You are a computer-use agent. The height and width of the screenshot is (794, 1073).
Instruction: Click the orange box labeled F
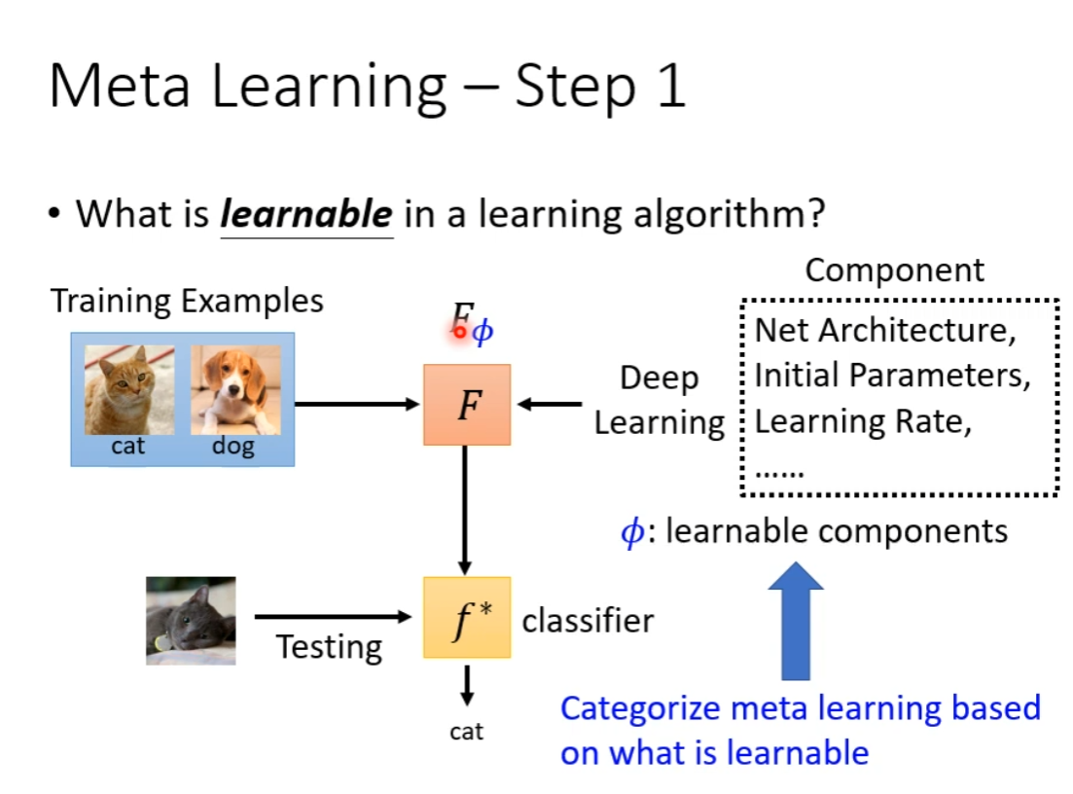coord(467,405)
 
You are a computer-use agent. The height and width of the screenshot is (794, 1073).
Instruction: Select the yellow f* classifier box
coord(467,618)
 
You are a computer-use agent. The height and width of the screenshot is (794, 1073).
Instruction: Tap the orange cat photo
coord(129,389)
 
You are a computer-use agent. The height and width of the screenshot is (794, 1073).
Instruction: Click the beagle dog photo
coord(235,389)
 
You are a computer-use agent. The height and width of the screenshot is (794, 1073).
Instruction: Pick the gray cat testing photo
coord(191,621)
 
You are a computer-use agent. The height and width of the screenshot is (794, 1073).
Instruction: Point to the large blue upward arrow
coord(795,621)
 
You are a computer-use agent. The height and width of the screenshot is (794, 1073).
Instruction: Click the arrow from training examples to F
coord(356,404)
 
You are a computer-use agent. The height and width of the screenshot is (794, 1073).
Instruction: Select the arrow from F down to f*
coord(465,510)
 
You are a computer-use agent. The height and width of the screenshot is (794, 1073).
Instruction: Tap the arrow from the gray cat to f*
coord(333,617)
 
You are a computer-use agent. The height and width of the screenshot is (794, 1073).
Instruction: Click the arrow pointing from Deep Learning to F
coord(550,404)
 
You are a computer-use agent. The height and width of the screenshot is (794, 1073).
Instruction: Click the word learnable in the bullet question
coord(306,214)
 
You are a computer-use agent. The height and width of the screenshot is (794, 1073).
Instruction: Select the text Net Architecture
coord(883,331)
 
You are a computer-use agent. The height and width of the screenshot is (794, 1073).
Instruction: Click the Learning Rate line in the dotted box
coord(862,421)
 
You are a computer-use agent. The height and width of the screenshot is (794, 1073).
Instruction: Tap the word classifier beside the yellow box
coord(588,621)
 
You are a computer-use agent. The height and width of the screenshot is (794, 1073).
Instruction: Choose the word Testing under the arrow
coord(329,647)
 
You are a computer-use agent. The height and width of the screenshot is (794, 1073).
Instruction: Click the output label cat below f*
coord(467,732)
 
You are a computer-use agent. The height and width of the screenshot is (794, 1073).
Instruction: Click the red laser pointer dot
coord(460,332)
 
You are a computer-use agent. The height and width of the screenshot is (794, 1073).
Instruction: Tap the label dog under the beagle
coord(233,447)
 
